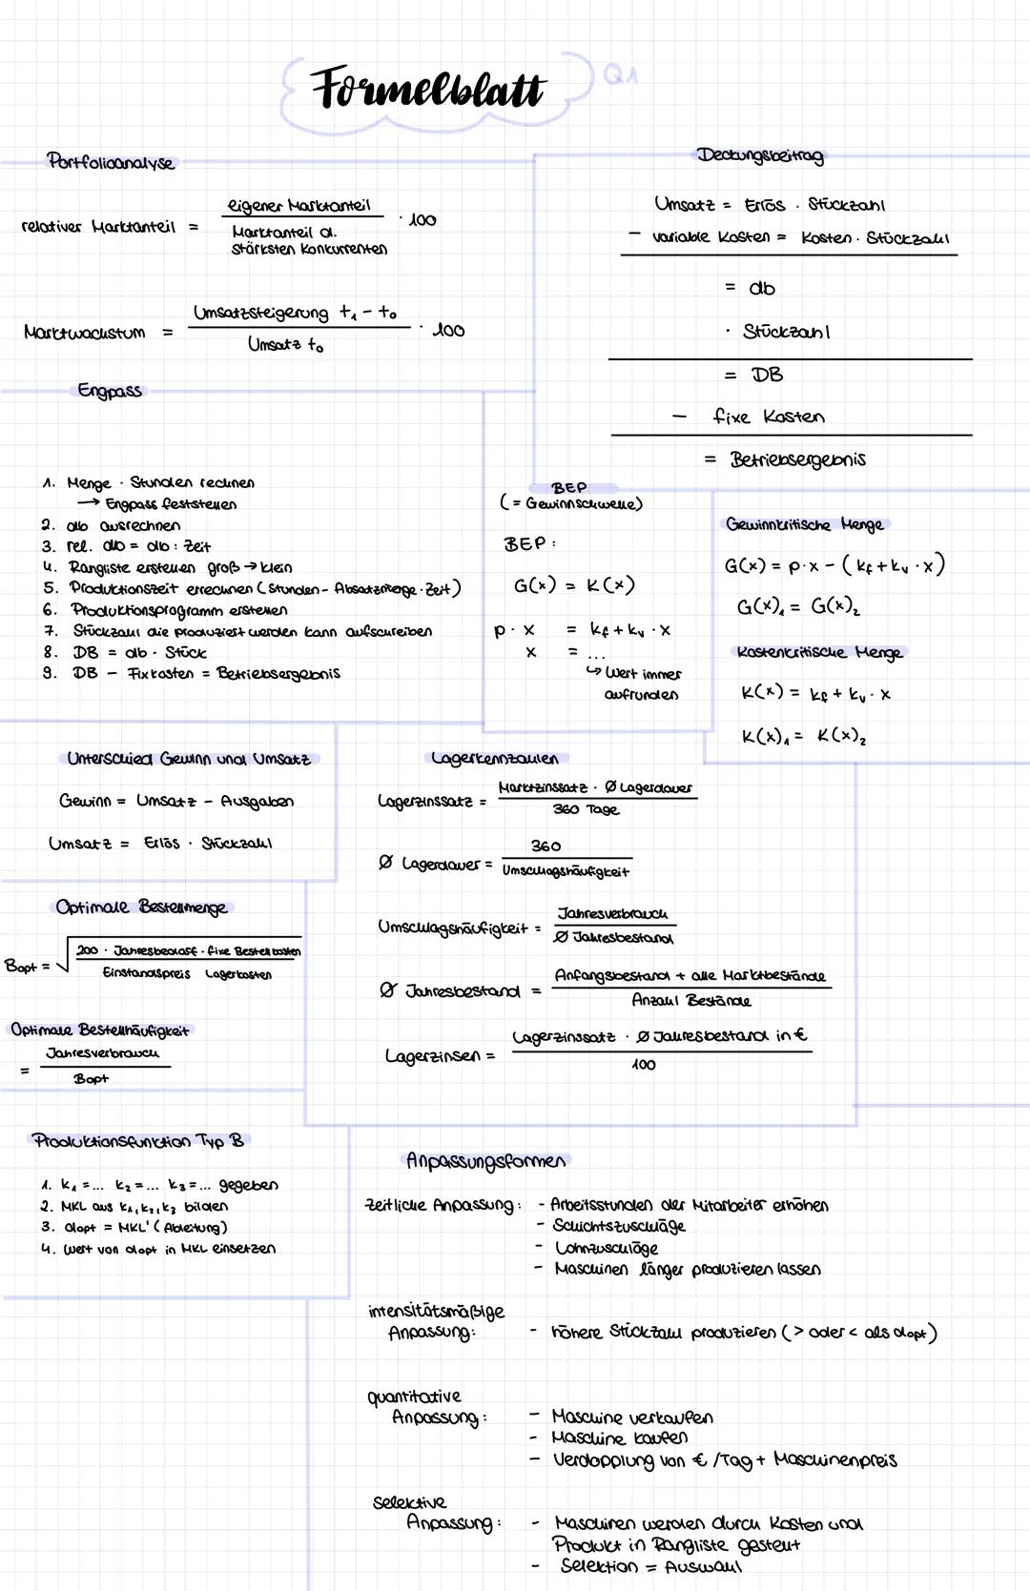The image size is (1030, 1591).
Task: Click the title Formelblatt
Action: (x=427, y=89)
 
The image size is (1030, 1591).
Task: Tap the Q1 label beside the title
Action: (x=620, y=74)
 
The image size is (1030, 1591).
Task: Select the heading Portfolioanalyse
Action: (x=111, y=162)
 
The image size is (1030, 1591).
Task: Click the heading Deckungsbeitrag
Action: (x=760, y=155)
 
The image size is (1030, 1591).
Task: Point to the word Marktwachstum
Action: (x=85, y=333)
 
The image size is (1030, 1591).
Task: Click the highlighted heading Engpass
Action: (x=110, y=391)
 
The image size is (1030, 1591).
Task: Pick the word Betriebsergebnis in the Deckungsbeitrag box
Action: (x=797, y=459)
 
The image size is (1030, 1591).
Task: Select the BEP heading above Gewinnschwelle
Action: (x=569, y=487)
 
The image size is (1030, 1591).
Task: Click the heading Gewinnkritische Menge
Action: (x=804, y=524)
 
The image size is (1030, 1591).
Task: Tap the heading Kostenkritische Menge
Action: (x=818, y=652)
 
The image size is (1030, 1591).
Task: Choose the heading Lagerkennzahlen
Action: (x=495, y=759)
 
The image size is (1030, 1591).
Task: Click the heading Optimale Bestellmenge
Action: (x=141, y=907)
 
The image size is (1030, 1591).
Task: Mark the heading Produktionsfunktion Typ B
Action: (x=138, y=1140)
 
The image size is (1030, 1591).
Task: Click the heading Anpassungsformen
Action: (x=485, y=1161)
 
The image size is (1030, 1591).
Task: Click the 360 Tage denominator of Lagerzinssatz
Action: (x=586, y=809)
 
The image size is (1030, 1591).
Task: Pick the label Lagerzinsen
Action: (x=432, y=1056)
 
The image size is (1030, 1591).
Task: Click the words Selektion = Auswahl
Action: (x=650, y=1566)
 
